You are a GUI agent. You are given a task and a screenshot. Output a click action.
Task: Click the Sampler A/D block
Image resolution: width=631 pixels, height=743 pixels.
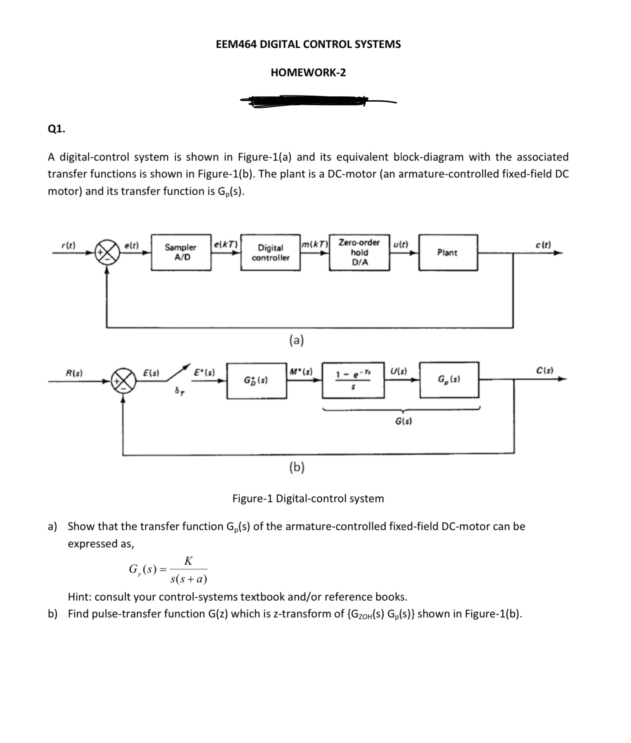click(x=181, y=252)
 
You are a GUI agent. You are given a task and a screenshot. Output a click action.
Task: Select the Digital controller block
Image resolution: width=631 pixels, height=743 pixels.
click(x=271, y=252)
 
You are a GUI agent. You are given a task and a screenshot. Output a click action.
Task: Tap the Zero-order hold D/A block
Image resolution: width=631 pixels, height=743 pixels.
click(x=359, y=252)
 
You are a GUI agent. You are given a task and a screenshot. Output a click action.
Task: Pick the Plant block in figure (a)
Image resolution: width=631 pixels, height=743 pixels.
click(x=448, y=252)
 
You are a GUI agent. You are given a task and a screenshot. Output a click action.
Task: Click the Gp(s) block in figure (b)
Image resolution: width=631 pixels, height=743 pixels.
click(x=449, y=380)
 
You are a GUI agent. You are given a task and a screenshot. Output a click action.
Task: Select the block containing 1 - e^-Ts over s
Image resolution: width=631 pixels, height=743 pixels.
click(x=353, y=380)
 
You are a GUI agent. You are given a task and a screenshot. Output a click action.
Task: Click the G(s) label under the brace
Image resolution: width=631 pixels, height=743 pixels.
click(x=403, y=421)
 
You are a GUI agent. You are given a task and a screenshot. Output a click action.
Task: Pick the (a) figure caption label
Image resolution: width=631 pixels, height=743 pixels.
click(x=296, y=340)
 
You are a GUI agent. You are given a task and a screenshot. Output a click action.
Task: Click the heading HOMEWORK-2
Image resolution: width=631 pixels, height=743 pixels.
click(x=308, y=73)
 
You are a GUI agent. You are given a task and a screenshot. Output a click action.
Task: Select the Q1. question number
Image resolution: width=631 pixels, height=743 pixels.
click(x=56, y=129)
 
